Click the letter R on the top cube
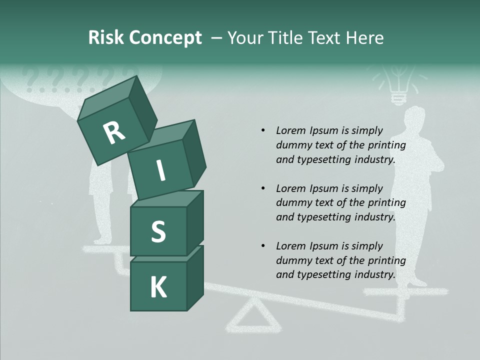[114, 132]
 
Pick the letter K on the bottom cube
[158, 287]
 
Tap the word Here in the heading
[365, 37]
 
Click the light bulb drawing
[398, 86]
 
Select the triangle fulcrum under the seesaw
[255, 317]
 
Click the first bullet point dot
[263, 131]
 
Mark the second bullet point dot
[263, 189]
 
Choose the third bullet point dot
[263, 246]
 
